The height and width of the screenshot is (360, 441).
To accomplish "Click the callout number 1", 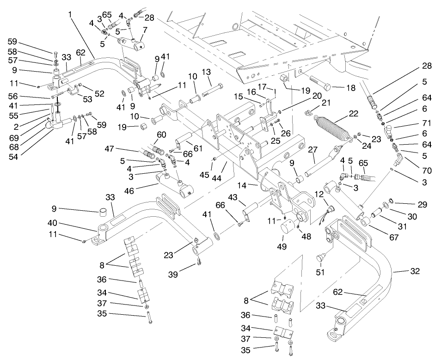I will tap(70, 14).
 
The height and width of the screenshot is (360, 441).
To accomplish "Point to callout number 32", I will tap(415, 271).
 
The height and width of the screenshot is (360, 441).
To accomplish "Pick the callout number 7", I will tap(145, 30).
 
